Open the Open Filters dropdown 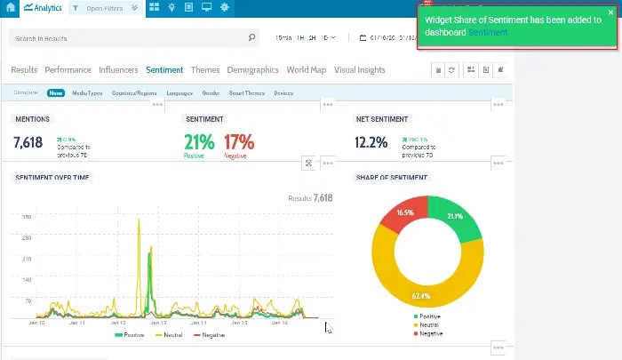pos(106,8)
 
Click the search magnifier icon pos(252,38)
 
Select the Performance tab pos(68,70)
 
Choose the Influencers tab pos(118,70)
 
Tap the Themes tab pos(205,70)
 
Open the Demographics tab pos(252,70)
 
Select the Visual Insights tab pos(360,70)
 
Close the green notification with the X pos(610,13)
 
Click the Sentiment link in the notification pos(489,33)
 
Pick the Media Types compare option pos(87,93)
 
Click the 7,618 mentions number pos(28,142)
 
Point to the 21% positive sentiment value pos(200,141)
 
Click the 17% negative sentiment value pos(239,141)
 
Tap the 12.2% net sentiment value pos(371,142)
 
